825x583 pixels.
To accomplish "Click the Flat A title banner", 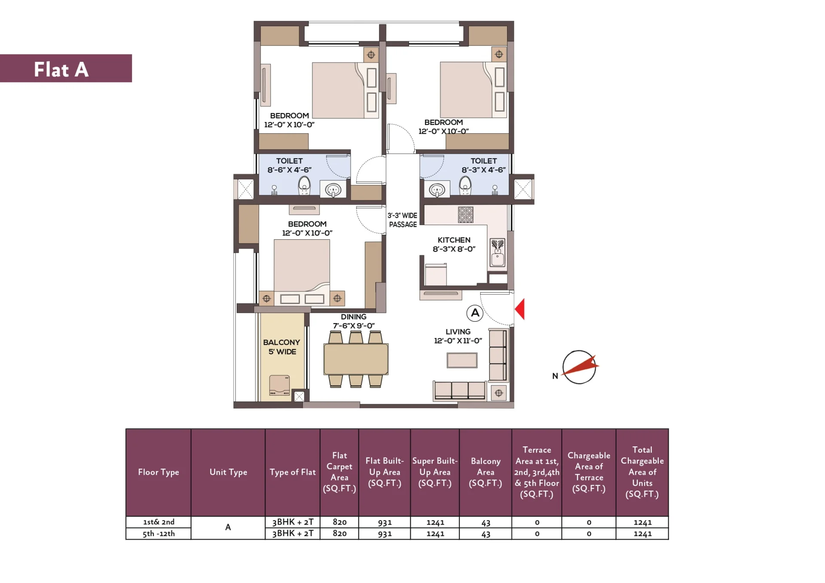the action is tap(66, 68).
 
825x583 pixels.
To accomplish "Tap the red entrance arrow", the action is tap(520, 309).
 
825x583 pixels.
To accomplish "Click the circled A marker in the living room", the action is tap(475, 313).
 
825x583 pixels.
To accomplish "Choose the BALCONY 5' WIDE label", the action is tap(281, 347).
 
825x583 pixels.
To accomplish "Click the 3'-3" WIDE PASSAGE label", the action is tap(403, 220).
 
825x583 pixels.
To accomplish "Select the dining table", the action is tap(356, 359).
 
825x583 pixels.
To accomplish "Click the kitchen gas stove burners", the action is tap(465, 215).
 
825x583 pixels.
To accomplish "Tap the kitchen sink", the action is tap(498, 253).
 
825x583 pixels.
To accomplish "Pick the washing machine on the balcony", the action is tap(279, 385).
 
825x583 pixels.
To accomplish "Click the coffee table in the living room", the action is tap(462, 360).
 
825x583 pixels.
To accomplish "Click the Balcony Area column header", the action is tap(486, 472).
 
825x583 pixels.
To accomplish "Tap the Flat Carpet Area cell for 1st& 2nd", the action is tap(339, 522).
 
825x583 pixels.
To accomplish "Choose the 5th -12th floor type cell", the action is tap(159, 534).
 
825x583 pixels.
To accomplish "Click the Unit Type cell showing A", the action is tap(228, 528).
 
